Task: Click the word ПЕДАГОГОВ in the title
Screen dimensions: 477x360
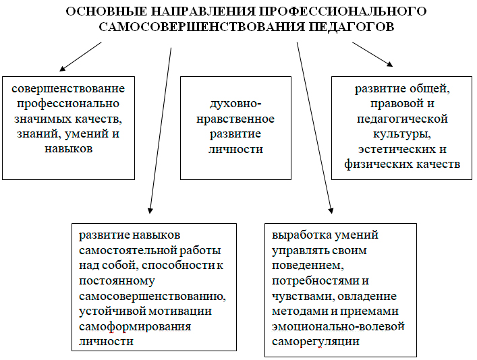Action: pyautogui.click(x=352, y=27)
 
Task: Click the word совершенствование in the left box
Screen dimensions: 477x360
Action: pyautogui.click(x=68, y=89)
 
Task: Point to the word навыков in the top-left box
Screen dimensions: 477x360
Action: pyautogui.click(x=68, y=149)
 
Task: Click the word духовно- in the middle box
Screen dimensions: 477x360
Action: pyautogui.click(x=235, y=104)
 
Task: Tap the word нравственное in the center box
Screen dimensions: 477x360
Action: pyautogui.click(x=235, y=119)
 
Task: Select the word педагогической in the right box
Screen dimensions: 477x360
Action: pyautogui.click(x=402, y=119)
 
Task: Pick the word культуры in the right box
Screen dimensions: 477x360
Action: pyautogui.click(x=402, y=134)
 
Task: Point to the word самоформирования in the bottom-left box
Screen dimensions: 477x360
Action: pyautogui.click(x=135, y=327)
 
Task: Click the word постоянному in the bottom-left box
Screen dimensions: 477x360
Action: pyautogui.click(x=117, y=281)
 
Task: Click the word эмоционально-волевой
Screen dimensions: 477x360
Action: pyautogui.click(x=338, y=326)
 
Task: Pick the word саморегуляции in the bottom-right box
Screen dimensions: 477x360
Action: pyautogui.click(x=316, y=342)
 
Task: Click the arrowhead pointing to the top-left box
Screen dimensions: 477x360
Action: pyautogui.click(x=62, y=69)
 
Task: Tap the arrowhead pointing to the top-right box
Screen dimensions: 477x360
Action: pyautogui.click(x=390, y=64)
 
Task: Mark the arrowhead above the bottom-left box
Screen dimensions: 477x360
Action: pyautogui.click(x=150, y=211)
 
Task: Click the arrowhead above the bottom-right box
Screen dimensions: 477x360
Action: pyautogui.click(x=331, y=211)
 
